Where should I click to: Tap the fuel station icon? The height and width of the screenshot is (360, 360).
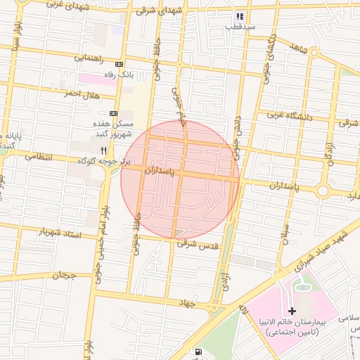198,352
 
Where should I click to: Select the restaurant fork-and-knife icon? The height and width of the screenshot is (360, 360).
104,150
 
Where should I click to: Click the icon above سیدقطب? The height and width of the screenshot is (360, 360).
240,15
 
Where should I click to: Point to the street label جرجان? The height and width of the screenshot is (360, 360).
62,274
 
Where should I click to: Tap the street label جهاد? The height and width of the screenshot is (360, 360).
186,302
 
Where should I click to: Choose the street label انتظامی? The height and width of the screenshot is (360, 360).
39,156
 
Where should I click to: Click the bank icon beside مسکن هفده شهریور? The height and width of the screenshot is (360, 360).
113,112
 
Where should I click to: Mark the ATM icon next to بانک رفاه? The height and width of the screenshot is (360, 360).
119,63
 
